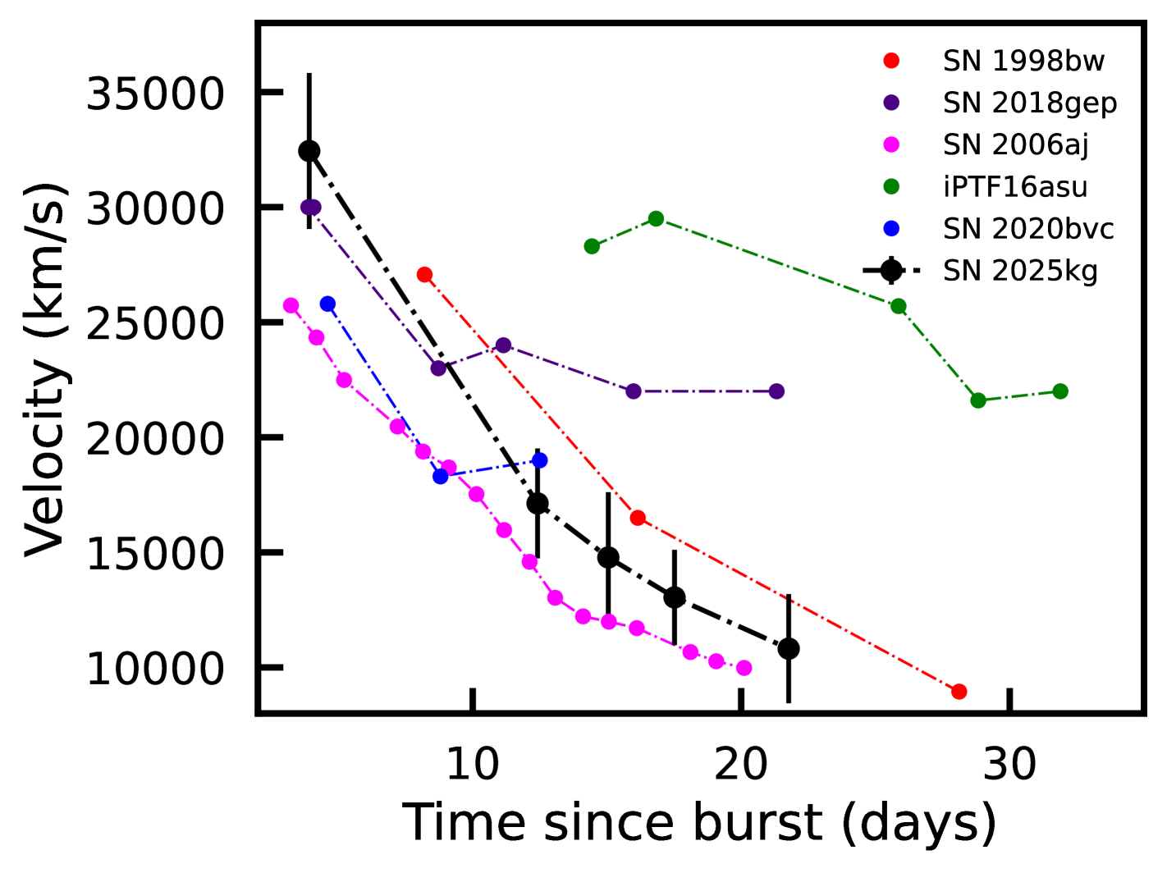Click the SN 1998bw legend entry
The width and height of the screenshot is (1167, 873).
(x=1023, y=62)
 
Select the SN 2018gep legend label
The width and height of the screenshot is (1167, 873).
(x=1029, y=103)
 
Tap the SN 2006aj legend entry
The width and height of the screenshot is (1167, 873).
(x=1015, y=145)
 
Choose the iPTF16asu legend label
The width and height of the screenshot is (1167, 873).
(x=1014, y=187)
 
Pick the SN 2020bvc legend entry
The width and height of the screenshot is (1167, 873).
(x=1027, y=229)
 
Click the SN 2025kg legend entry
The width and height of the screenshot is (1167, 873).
(x=1019, y=271)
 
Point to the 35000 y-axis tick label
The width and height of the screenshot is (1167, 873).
(x=155, y=94)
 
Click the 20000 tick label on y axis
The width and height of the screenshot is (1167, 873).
(x=155, y=439)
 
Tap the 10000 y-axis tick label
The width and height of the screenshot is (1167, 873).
(x=155, y=670)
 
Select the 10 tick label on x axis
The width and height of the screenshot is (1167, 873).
(x=473, y=764)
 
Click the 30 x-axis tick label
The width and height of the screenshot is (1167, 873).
(x=1009, y=764)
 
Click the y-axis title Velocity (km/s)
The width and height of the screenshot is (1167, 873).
(x=45, y=369)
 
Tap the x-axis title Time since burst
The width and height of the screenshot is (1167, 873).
(x=699, y=822)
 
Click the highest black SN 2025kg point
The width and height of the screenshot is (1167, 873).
(x=309, y=151)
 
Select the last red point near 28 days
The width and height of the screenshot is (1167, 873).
(x=959, y=692)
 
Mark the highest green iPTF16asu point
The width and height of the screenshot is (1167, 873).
(x=656, y=218)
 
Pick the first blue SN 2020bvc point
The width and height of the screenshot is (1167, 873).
(x=327, y=304)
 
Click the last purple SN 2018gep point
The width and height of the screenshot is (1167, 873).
(x=776, y=391)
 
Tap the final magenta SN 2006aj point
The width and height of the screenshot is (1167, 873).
(x=744, y=668)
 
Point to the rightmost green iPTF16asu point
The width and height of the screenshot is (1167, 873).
(x=1060, y=391)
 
